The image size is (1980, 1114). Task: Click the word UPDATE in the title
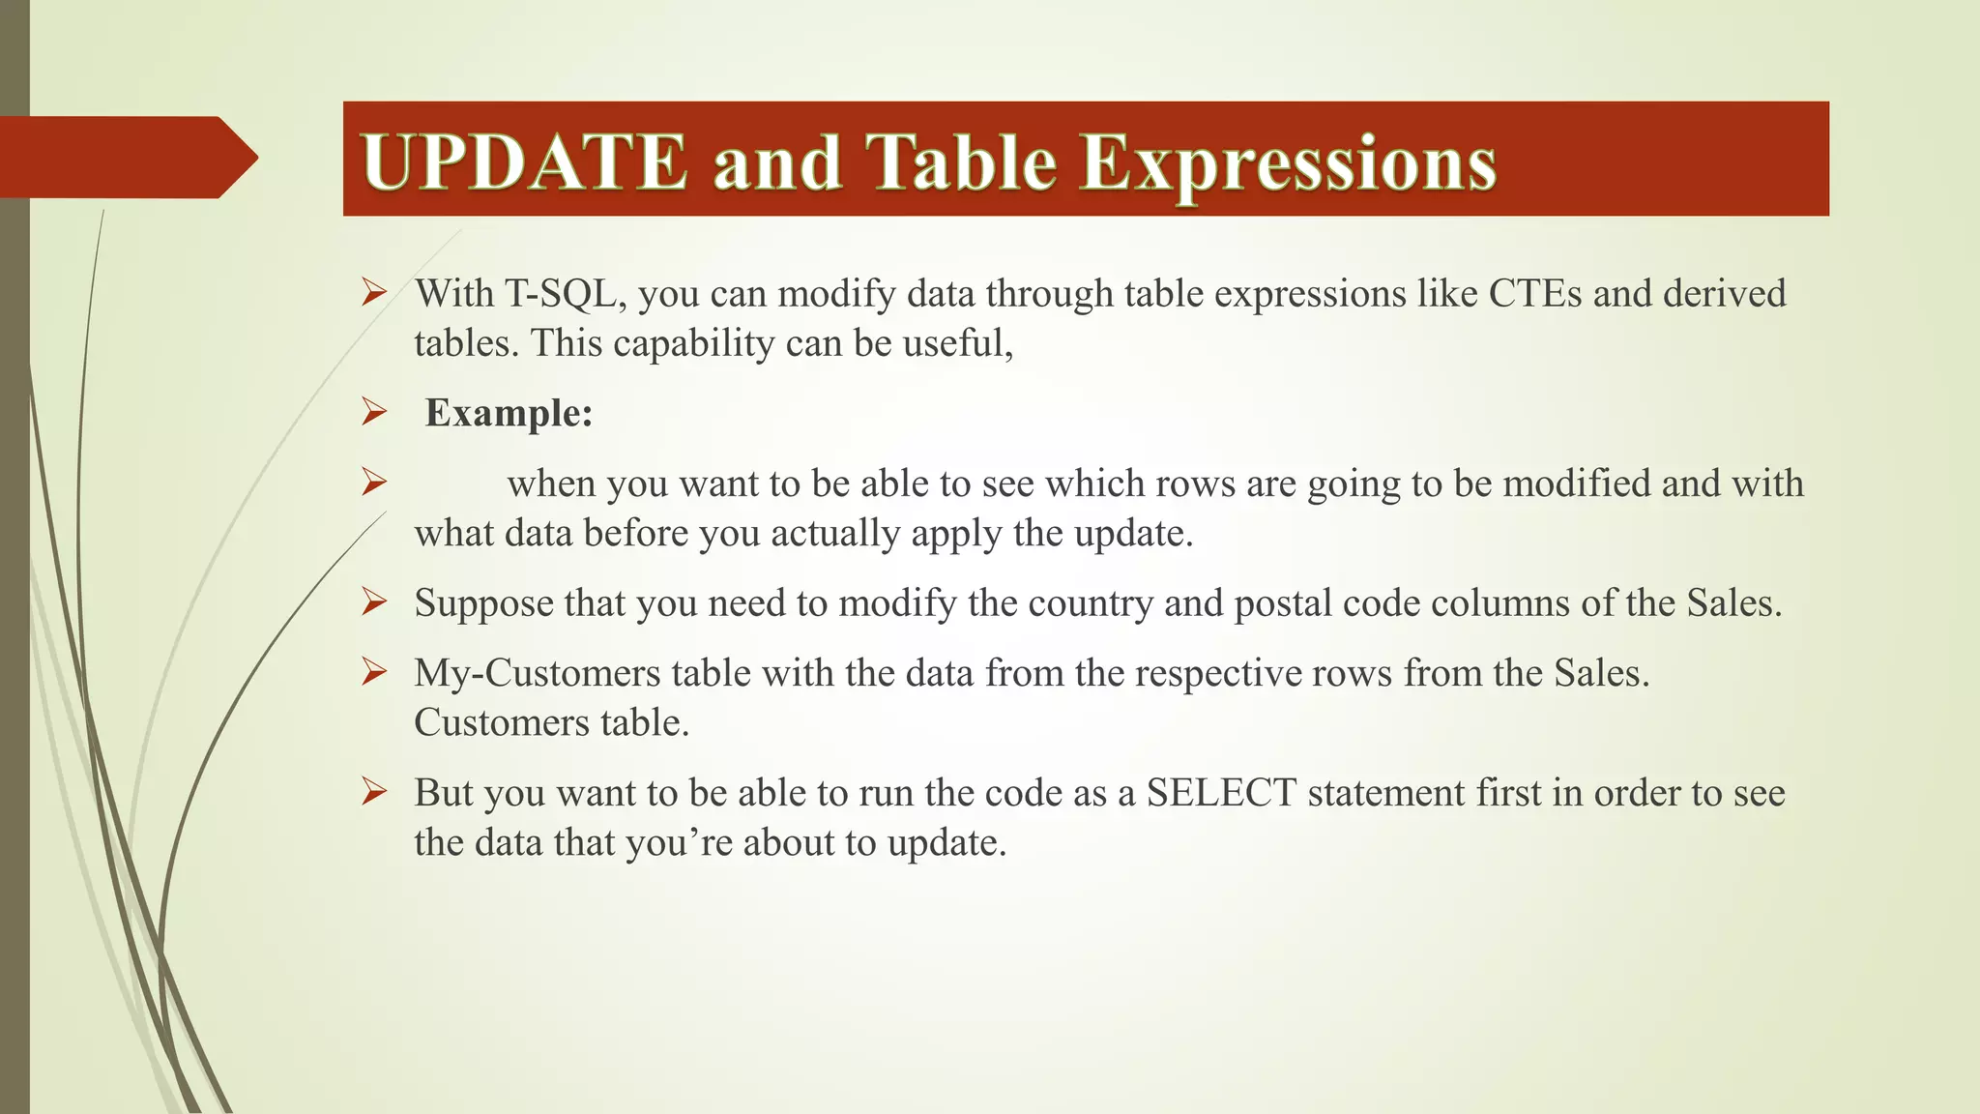524,162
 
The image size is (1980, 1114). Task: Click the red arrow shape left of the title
126,157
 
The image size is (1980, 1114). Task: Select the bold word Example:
509,414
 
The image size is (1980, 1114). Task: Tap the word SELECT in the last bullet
1221,793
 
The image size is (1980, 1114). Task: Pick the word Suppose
483,604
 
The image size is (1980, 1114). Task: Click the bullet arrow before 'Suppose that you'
374,602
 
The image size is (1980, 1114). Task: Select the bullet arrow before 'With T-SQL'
374,292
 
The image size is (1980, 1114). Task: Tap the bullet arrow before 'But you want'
374,792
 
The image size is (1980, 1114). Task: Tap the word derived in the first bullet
1725,294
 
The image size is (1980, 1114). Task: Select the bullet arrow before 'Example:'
374,413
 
